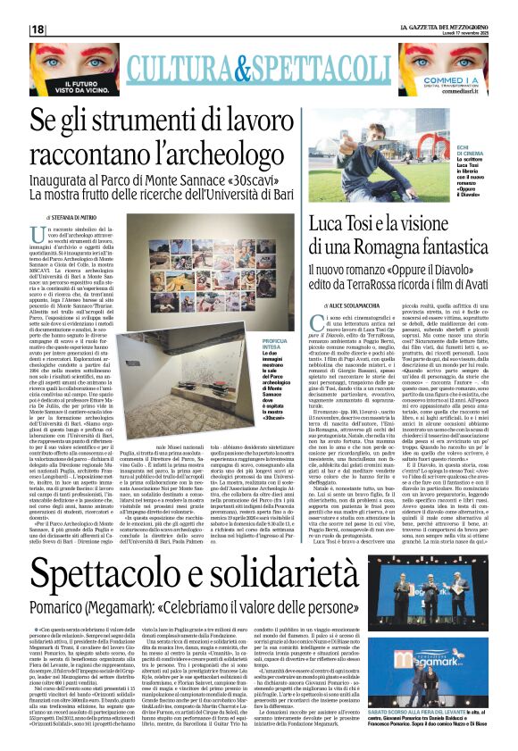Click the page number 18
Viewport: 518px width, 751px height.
[38, 29]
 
